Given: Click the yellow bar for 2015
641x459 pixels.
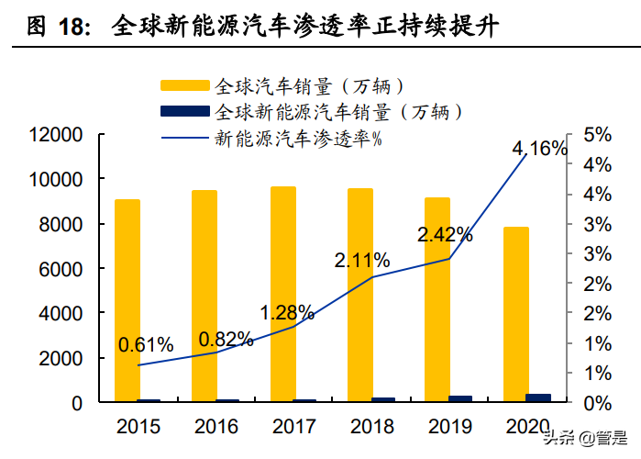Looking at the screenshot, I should (x=127, y=300).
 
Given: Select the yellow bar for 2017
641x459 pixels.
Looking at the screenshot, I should (x=282, y=294).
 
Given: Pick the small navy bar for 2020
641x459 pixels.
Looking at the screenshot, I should (x=538, y=397).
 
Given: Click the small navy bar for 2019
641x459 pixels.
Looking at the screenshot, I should (x=460, y=398).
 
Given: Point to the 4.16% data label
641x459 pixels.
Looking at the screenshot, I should (x=539, y=149).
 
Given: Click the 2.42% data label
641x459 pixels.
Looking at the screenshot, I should (x=445, y=235).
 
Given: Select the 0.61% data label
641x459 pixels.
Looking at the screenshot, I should (x=146, y=345).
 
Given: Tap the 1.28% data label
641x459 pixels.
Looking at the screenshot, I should (x=287, y=312).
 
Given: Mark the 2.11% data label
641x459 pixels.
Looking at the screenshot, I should (x=362, y=261).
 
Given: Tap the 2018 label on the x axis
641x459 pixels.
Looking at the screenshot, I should (x=371, y=427).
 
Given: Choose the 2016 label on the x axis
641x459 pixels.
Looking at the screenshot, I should (x=216, y=427).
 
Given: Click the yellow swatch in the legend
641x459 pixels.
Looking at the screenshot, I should (x=186, y=86).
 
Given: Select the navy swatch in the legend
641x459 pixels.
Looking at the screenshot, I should (x=186, y=112).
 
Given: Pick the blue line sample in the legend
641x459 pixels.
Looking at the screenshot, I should (x=186, y=140).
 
